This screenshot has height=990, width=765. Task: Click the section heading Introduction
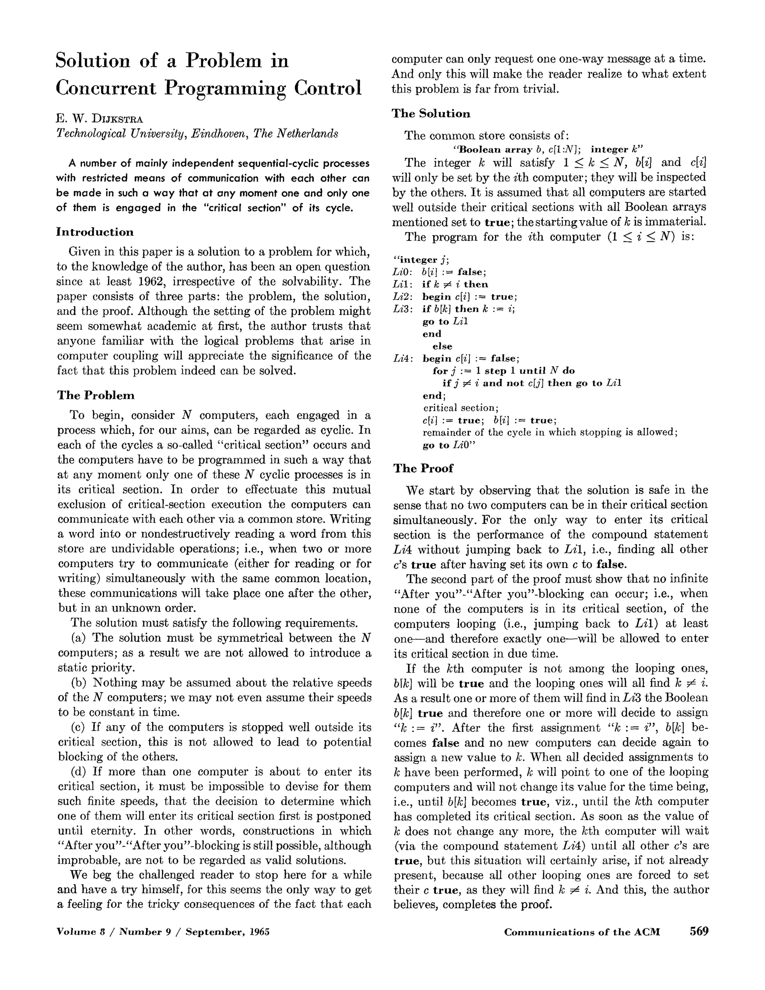pos(95,232)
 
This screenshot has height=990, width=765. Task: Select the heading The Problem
pos(96,395)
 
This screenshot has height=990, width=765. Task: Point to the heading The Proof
pos(423,468)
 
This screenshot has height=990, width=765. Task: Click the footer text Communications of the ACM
pos(582,932)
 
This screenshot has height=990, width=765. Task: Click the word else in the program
pos(442,346)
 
